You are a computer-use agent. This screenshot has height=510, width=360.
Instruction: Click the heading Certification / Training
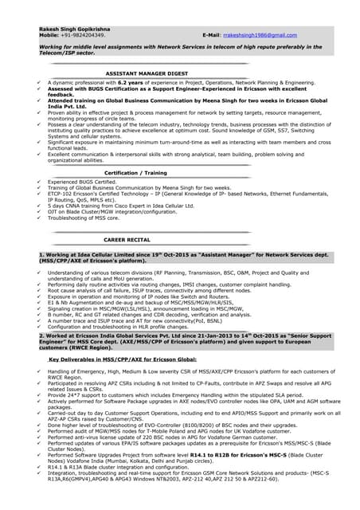[x=136, y=171]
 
